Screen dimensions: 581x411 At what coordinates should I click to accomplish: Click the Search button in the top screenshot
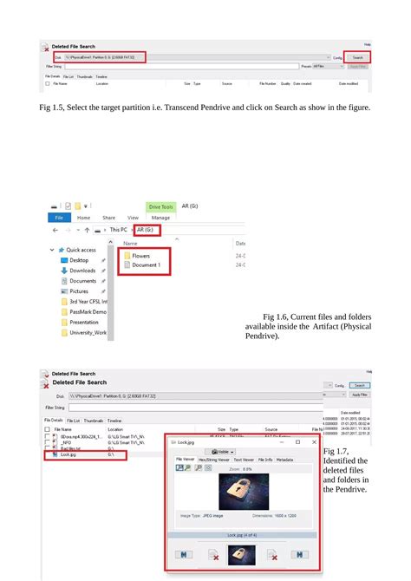[x=357, y=57]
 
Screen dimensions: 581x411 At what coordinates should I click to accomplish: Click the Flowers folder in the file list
[x=140, y=256]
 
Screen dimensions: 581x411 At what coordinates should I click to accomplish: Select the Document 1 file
[x=145, y=265]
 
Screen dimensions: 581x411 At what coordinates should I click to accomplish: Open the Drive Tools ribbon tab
[x=161, y=206]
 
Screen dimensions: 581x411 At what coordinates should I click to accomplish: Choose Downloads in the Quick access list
[x=82, y=271]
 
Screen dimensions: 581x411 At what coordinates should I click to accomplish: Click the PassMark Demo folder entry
[x=88, y=311]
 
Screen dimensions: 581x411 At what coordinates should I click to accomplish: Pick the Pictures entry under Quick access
[x=80, y=291]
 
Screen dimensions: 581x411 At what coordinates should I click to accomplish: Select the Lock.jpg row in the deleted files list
[x=68, y=454]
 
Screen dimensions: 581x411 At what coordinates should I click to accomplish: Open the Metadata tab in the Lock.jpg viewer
[x=284, y=460]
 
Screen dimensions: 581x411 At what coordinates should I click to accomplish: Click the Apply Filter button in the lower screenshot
[x=357, y=395]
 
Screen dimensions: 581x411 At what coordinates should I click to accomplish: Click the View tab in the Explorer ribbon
[x=133, y=218]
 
